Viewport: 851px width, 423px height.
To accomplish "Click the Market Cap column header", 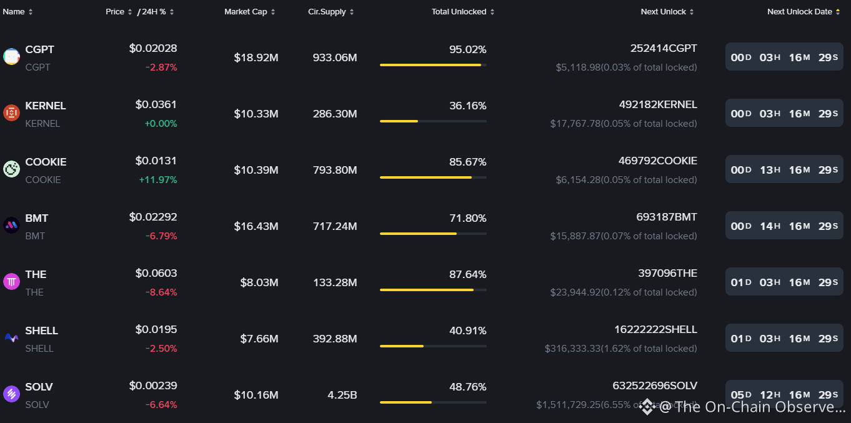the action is coord(246,12).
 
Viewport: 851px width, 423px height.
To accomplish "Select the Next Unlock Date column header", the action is coord(799,12).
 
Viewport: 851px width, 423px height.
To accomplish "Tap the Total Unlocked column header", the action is coord(459,12).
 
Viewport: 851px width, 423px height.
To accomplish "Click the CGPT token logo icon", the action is coord(11,57).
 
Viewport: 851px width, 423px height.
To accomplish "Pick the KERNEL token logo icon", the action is coord(11,113).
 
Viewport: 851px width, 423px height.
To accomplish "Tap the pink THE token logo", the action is coord(11,282).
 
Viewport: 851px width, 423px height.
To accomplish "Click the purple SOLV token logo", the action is coord(11,394).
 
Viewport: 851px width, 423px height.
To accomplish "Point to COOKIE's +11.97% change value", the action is coord(158,180).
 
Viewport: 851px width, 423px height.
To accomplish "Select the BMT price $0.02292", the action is coord(152,217).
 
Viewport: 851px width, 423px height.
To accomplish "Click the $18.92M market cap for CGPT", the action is coord(256,57).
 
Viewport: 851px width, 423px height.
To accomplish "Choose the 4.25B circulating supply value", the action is coord(342,396).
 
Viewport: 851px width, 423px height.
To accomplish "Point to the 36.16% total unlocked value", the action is coord(467,106).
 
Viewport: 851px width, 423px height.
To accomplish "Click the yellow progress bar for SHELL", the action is coord(402,346).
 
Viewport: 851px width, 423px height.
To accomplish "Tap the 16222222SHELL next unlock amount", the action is coord(655,329).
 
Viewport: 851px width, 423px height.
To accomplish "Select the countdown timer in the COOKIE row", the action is coord(784,169).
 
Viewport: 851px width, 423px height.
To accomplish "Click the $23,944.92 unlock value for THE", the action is coord(575,292).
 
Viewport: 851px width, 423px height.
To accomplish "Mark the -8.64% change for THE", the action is coord(161,292).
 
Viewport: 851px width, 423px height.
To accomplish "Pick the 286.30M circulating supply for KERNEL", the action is coord(335,114).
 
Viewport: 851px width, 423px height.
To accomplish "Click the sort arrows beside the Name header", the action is coord(31,12).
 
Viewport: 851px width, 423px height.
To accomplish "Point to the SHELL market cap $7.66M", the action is coord(259,339).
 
